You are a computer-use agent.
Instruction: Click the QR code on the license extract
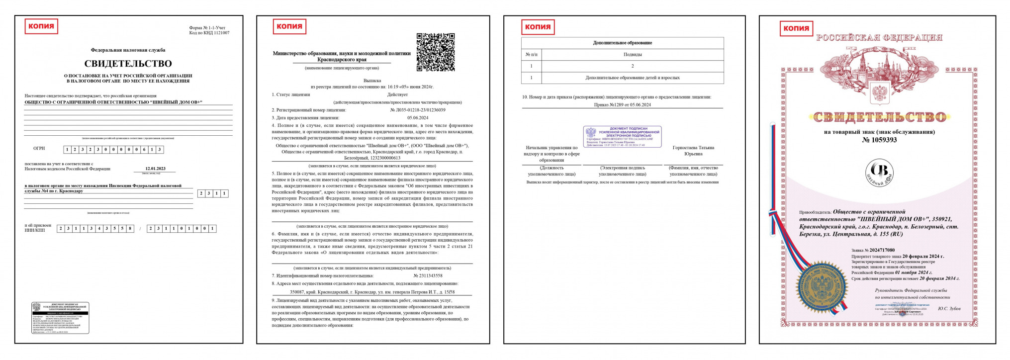click(x=435, y=52)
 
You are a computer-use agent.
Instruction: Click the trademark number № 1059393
click(x=879, y=140)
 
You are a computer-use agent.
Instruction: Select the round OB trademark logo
click(x=879, y=172)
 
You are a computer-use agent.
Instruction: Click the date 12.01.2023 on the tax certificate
click(x=155, y=169)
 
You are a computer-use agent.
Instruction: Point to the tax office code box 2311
click(x=213, y=193)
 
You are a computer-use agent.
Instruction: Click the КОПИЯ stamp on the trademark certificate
click(x=796, y=28)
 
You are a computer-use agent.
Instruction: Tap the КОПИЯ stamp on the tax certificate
click(x=41, y=26)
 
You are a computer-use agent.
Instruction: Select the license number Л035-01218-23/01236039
click(x=417, y=110)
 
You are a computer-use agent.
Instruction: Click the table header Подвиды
click(x=632, y=54)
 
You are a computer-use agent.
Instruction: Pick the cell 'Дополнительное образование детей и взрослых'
click(x=632, y=78)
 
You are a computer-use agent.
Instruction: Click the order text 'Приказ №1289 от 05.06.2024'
click(x=622, y=105)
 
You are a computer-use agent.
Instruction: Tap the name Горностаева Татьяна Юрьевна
click(x=693, y=151)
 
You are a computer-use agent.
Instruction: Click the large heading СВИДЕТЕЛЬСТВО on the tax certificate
click(x=128, y=64)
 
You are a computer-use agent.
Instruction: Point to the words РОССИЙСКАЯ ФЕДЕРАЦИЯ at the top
click(x=879, y=38)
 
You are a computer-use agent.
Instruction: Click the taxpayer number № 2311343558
click(x=428, y=275)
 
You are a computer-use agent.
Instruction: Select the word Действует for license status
click(x=397, y=94)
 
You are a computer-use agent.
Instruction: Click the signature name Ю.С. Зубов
click(x=949, y=309)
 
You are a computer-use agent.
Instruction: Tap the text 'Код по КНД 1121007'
click(x=209, y=33)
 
